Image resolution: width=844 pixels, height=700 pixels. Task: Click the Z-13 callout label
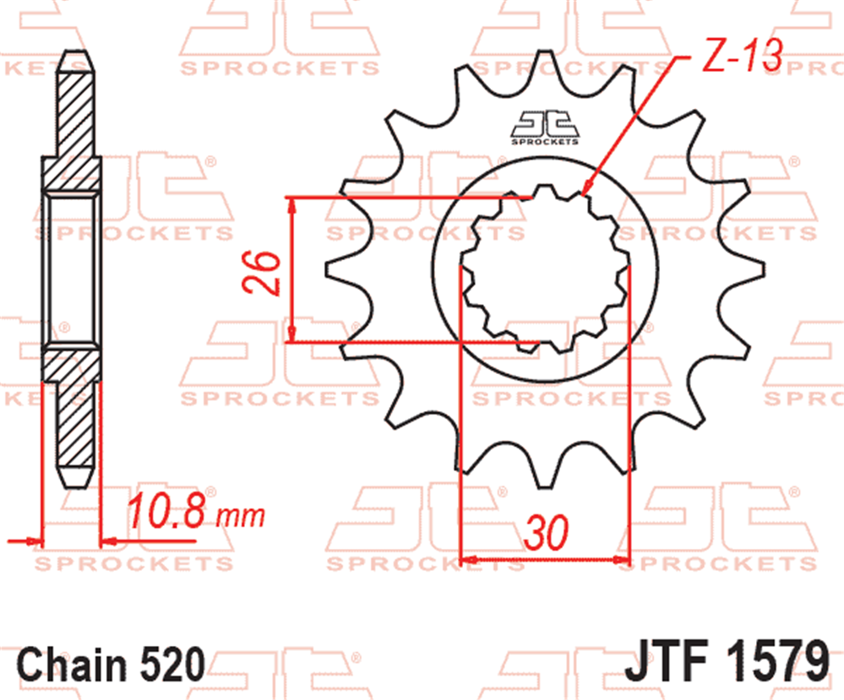pos(743,56)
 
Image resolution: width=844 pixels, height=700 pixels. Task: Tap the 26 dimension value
pos(262,272)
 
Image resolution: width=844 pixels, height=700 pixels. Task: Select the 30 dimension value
pos(546,533)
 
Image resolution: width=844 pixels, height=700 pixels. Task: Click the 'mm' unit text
pos(241,516)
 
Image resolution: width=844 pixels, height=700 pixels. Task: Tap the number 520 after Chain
pos(173,664)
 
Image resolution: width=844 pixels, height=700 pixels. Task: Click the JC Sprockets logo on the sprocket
pos(545,128)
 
